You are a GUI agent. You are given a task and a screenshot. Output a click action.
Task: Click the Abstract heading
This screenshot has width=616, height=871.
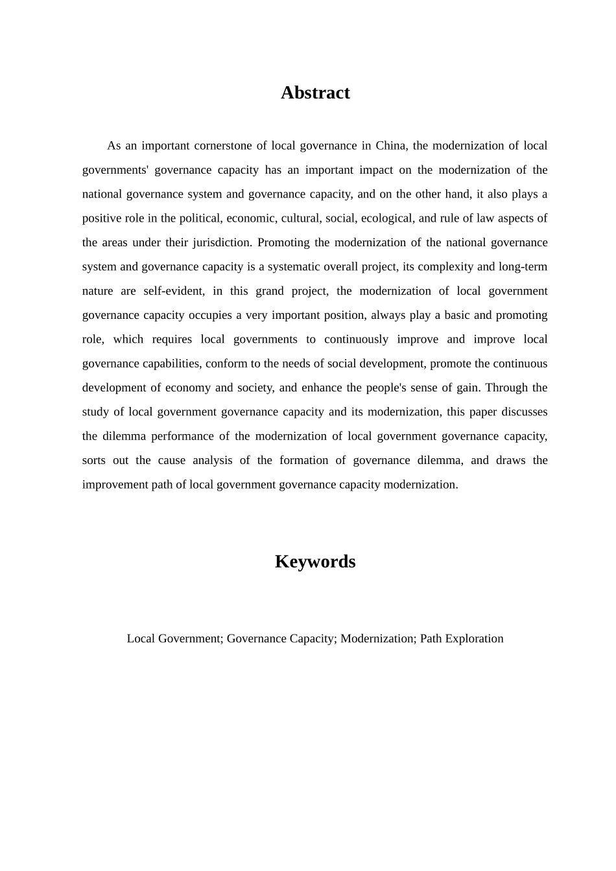tap(315, 93)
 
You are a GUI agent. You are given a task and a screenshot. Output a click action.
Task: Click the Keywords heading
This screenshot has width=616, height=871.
tap(315, 561)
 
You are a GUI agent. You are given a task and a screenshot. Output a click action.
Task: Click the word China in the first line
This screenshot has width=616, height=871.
tap(390, 146)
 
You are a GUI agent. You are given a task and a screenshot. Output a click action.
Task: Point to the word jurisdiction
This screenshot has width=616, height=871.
tap(222, 242)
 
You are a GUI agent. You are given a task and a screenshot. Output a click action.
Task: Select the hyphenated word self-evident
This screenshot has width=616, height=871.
tap(173, 291)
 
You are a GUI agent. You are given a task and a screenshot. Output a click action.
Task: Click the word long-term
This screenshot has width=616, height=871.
tap(523, 266)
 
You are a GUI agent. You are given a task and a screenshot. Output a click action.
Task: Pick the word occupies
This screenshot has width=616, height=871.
tap(210, 315)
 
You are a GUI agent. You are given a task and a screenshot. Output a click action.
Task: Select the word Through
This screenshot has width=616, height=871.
tap(506, 388)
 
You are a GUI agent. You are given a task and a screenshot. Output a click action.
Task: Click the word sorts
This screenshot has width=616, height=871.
tap(93, 460)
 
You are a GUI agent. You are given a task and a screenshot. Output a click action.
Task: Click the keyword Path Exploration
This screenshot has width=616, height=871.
tap(462, 638)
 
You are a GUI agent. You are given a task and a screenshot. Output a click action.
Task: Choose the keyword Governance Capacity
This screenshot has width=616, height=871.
tap(280, 638)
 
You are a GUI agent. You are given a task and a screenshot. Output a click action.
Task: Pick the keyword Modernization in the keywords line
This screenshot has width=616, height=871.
tap(377, 638)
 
